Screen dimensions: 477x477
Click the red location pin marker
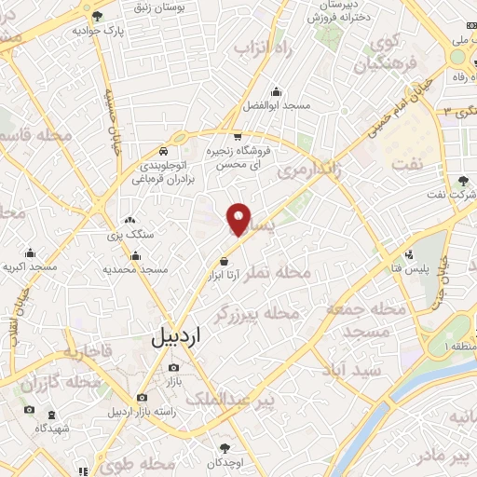tap(239, 218)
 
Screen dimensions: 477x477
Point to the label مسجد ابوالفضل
tap(276, 106)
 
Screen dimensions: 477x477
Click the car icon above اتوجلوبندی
tap(164, 149)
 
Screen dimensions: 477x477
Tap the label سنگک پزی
tap(130, 235)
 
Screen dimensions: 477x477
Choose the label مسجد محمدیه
tap(135, 269)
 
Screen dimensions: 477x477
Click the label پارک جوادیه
tap(98, 29)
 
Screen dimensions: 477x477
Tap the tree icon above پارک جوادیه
tap(98, 16)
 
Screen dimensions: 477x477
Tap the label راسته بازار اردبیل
tap(142, 411)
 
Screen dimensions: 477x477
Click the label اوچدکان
tap(224, 462)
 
